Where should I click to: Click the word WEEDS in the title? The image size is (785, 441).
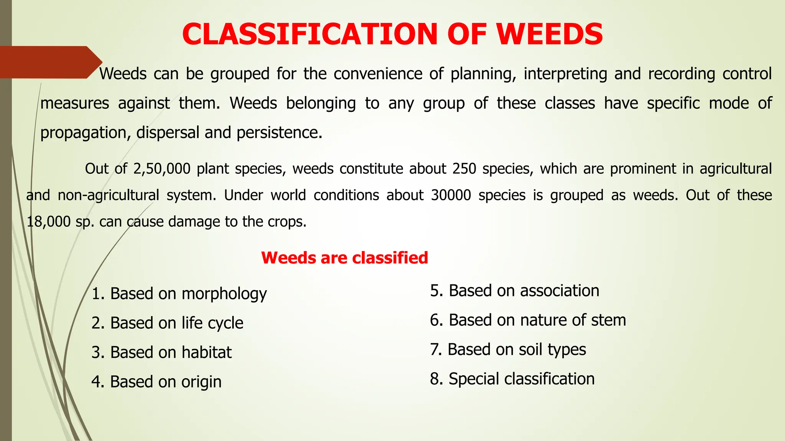(549, 34)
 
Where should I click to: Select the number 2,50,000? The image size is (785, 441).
(162, 169)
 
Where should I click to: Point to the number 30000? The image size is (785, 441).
(451, 195)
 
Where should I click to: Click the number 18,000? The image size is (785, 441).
(48, 222)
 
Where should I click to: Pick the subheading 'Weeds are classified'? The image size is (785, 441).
(344, 258)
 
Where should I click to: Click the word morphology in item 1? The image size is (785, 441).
(224, 294)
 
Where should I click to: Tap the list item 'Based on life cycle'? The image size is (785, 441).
(168, 323)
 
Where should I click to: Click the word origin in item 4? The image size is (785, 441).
(201, 382)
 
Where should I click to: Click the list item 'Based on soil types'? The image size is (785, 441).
(508, 350)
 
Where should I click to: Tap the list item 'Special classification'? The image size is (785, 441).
(512, 379)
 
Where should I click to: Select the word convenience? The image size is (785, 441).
(378, 74)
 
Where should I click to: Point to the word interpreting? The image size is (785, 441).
(565, 74)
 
